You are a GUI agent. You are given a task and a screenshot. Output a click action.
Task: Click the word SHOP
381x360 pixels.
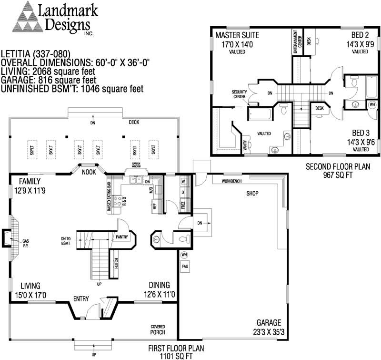251,194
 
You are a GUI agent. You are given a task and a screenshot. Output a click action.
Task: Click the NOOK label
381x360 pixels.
89,172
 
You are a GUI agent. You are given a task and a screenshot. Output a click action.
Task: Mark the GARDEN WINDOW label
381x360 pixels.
132,168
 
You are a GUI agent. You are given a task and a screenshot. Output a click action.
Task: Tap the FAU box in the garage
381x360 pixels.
185,266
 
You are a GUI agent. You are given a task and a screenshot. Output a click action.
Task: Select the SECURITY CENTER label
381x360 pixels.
239,94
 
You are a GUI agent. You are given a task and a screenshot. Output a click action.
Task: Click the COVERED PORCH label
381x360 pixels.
158,329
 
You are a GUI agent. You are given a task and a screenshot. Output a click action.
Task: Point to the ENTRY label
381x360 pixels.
81,299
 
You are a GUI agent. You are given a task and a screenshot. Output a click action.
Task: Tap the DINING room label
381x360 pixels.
159,285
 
